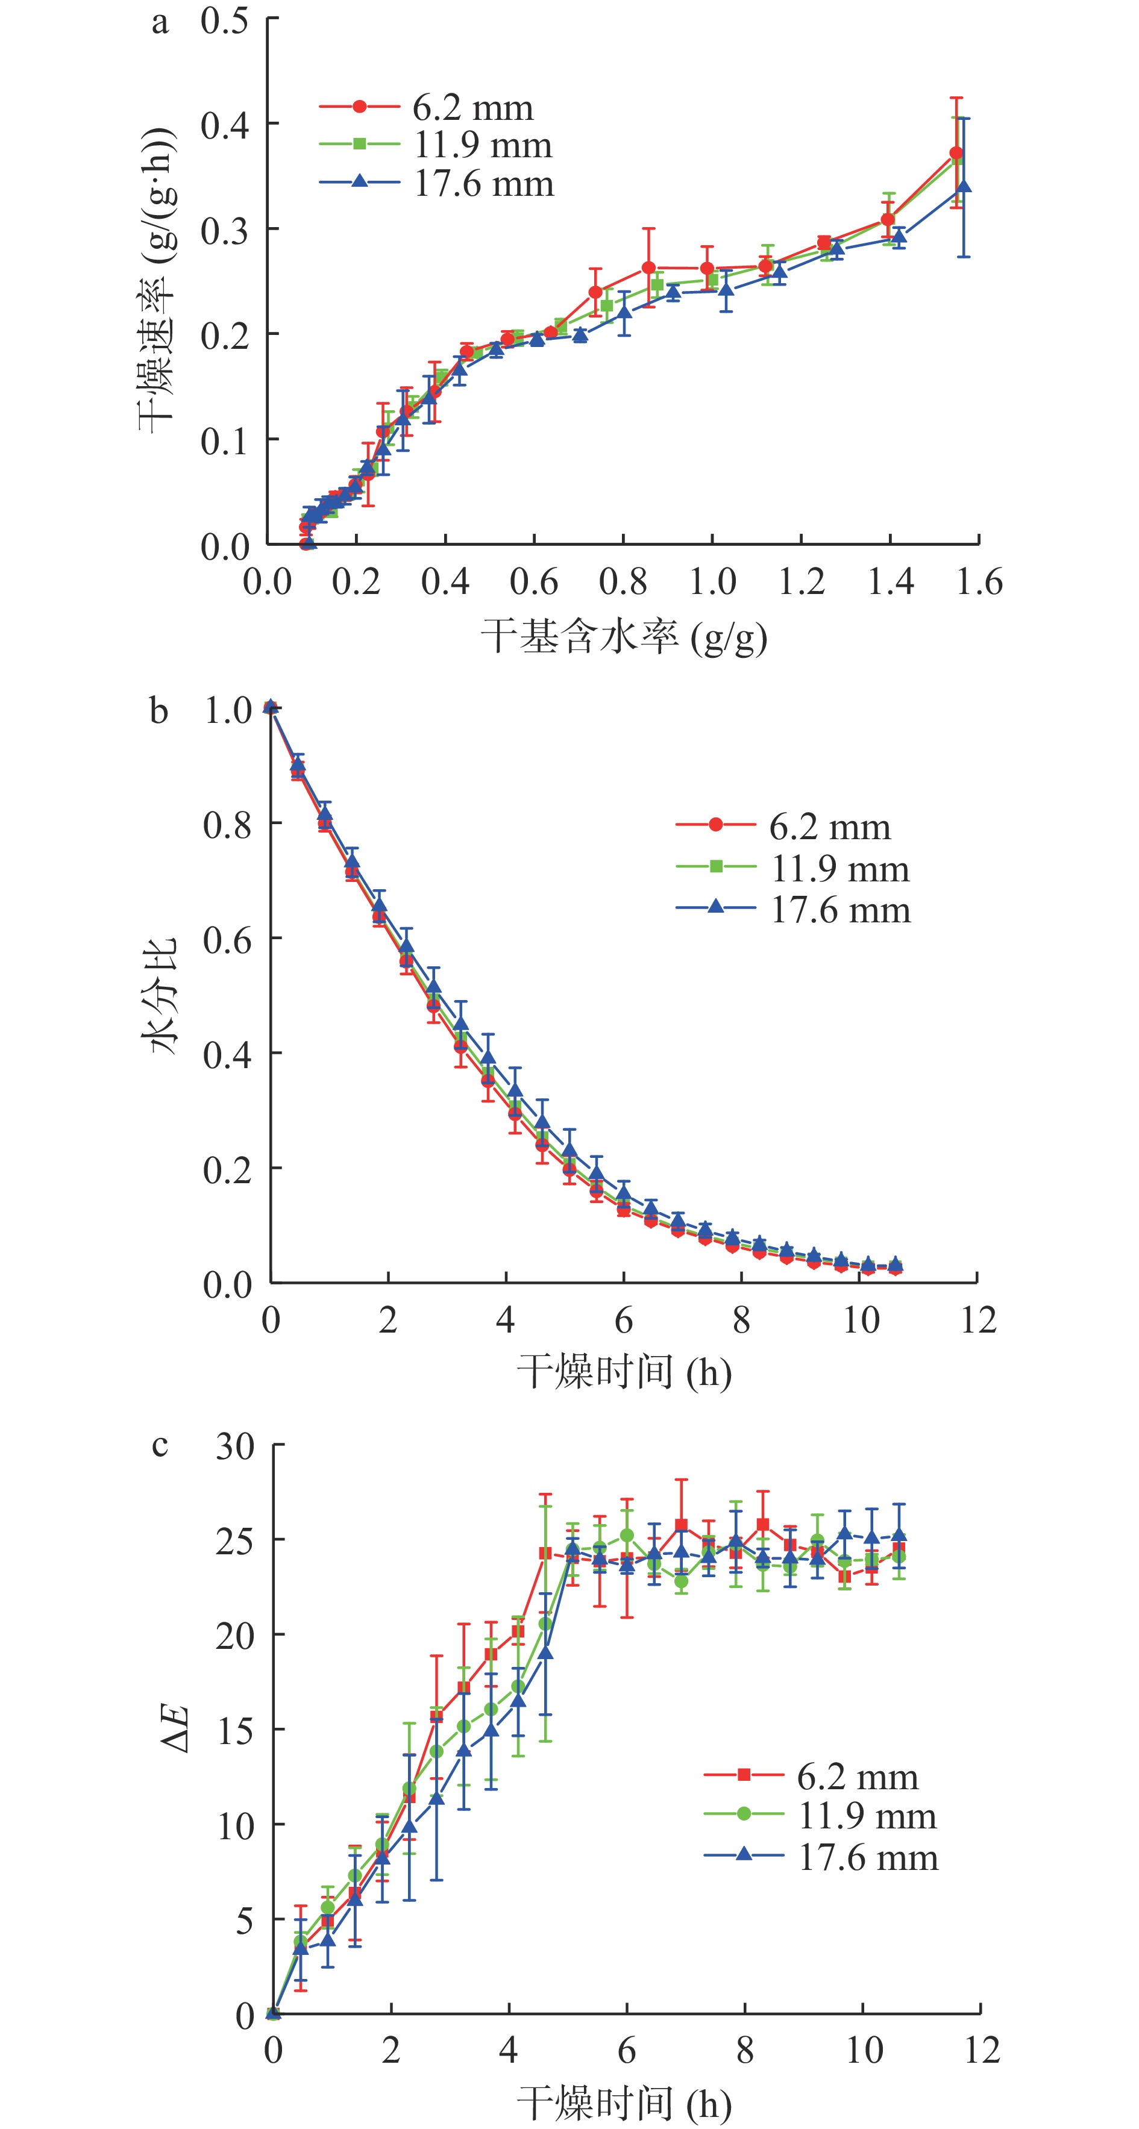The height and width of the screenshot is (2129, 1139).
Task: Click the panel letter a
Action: coord(160,23)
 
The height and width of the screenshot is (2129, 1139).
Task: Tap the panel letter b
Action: coord(158,711)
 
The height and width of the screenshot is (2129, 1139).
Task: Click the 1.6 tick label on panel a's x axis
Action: coord(979,582)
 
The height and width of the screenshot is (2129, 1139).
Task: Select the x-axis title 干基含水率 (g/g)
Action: coord(624,638)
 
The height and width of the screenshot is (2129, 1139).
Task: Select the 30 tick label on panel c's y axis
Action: coord(236,1446)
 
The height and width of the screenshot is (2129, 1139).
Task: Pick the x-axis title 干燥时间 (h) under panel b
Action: coord(624,1373)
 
